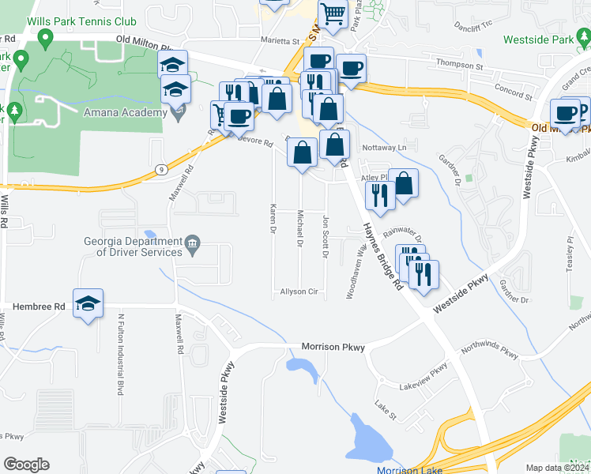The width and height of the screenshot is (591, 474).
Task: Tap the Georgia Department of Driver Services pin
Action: (192, 247)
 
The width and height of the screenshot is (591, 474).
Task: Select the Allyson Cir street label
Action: (299, 292)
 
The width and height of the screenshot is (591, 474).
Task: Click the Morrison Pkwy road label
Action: (332, 347)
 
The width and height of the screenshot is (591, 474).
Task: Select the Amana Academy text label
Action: (124, 112)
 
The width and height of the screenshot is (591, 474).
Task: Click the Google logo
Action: (26, 464)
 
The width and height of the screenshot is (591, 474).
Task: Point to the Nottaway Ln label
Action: (383, 148)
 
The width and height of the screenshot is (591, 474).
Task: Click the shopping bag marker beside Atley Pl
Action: (404, 184)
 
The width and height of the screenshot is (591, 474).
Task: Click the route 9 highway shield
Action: (161, 168)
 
